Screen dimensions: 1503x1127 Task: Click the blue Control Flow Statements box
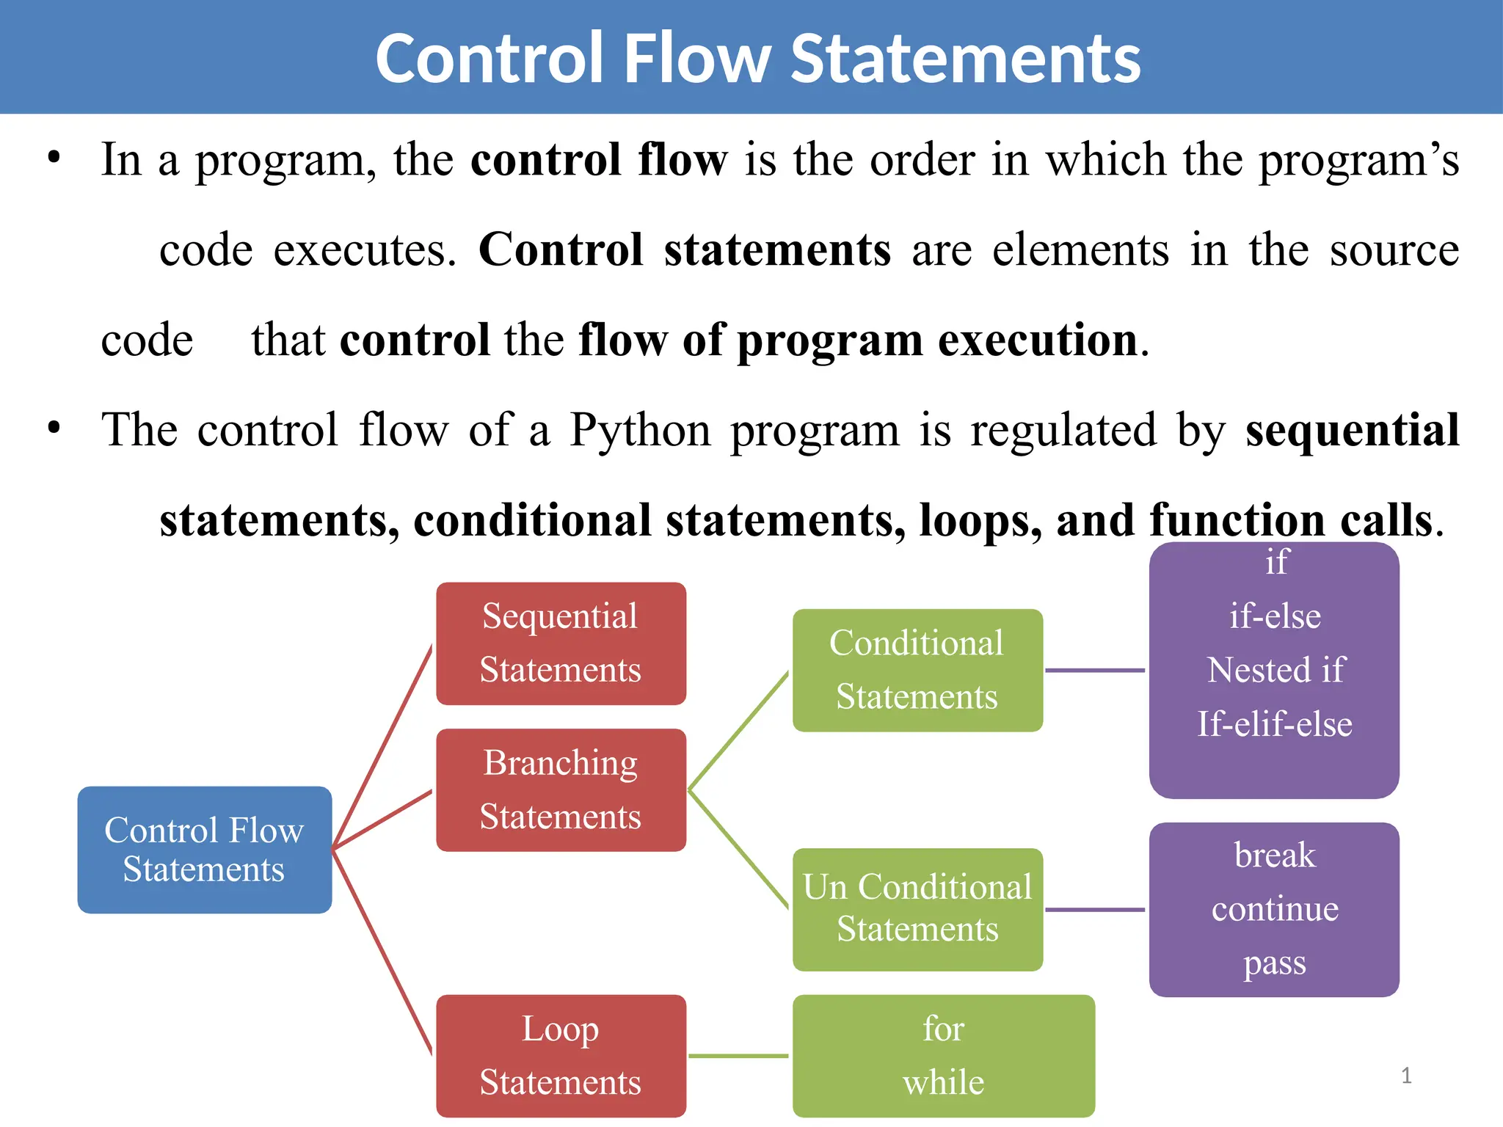click(x=204, y=850)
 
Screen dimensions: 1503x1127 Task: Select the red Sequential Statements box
click(x=561, y=643)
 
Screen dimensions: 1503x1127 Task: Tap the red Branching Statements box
click(x=561, y=790)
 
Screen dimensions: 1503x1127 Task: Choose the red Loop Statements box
click(x=561, y=1056)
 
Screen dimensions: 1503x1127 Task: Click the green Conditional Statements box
click(x=917, y=670)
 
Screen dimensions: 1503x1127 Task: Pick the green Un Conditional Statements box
click(x=917, y=909)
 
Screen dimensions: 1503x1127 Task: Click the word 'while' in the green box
click(x=944, y=1082)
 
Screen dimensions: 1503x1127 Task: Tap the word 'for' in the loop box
click(x=944, y=1029)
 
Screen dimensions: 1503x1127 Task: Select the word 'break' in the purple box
click(x=1275, y=856)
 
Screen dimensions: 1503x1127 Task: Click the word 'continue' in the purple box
click(x=1275, y=909)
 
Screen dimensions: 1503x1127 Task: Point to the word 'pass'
click(x=1275, y=963)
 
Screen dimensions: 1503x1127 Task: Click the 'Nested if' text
click(x=1275, y=670)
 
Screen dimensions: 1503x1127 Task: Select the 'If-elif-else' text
click(x=1275, y=724)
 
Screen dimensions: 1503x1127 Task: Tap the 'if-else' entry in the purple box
click(x=1275, y=616)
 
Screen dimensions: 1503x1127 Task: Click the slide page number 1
click(x=1406, y=1076)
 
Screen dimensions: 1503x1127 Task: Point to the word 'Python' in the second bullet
click(x=640, y=430)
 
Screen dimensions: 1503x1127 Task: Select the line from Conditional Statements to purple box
click(x=1095, y=670)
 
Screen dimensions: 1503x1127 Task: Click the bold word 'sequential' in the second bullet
click(x=1352, y=430)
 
